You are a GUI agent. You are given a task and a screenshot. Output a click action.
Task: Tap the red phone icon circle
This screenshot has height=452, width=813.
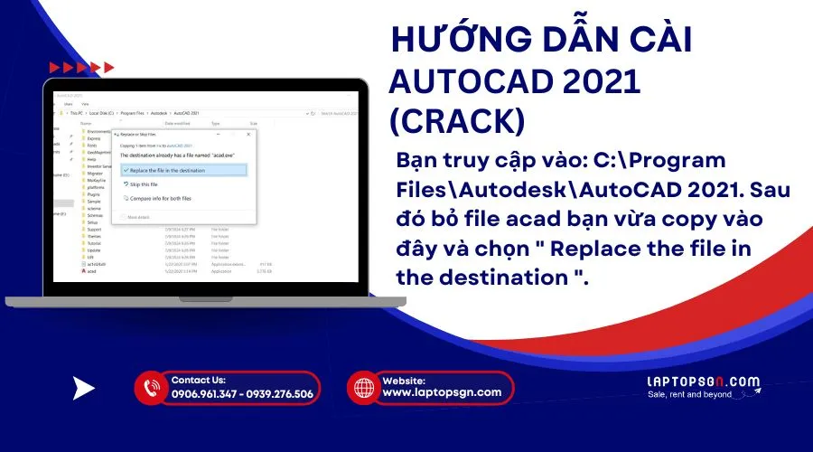pyautogui.click(x=150, y=388)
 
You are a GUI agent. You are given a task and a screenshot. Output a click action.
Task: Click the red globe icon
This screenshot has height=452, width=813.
pyautogui.click(x=364, y=388)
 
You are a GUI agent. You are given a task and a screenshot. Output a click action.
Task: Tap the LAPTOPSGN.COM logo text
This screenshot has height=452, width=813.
pyautogui.click(x=704, y=381)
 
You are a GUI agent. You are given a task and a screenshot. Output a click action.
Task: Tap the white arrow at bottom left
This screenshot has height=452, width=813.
pyautogui.click(x=83, y=389)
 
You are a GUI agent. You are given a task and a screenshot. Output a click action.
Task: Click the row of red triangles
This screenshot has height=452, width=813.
pyautogui.click(x=81, y=67)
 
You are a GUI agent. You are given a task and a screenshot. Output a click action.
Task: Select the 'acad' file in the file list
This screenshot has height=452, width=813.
pyautogui.click(x=92, y=270)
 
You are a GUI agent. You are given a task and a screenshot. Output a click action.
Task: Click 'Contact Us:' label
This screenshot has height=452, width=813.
pyautogui.click(x=198, y=381)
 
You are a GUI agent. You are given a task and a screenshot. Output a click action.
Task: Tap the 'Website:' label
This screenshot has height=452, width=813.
pyautogui.click(x=404, y=381)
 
